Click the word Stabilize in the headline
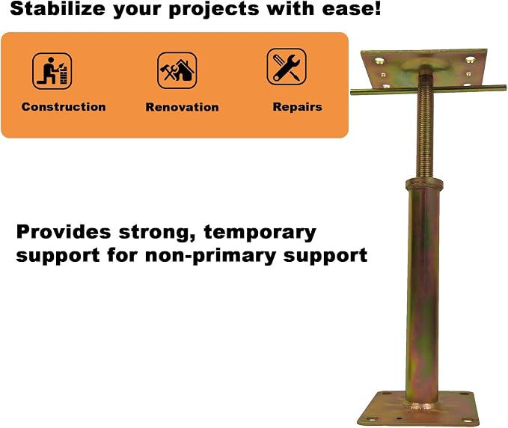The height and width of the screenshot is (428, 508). [58, 9]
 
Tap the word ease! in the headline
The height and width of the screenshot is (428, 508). [351, 9]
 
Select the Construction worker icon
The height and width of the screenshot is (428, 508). [52, 70]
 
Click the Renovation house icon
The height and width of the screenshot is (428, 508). [177, 70]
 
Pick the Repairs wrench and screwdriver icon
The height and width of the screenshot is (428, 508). [287, 67]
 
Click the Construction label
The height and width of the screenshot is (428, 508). [64, 107]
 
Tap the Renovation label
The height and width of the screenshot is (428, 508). [182, 107]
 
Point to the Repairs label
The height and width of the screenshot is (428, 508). [298, 107]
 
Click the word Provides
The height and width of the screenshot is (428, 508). [64, 232]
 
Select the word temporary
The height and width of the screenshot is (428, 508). [260, 233]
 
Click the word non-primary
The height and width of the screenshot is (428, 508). [210, 256]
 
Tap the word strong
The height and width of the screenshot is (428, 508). [157, 233]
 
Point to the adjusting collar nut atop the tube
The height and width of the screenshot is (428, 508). [424, 185]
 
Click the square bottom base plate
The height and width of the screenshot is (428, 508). [418, 409]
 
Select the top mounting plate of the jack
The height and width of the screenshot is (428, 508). [424, 69]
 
